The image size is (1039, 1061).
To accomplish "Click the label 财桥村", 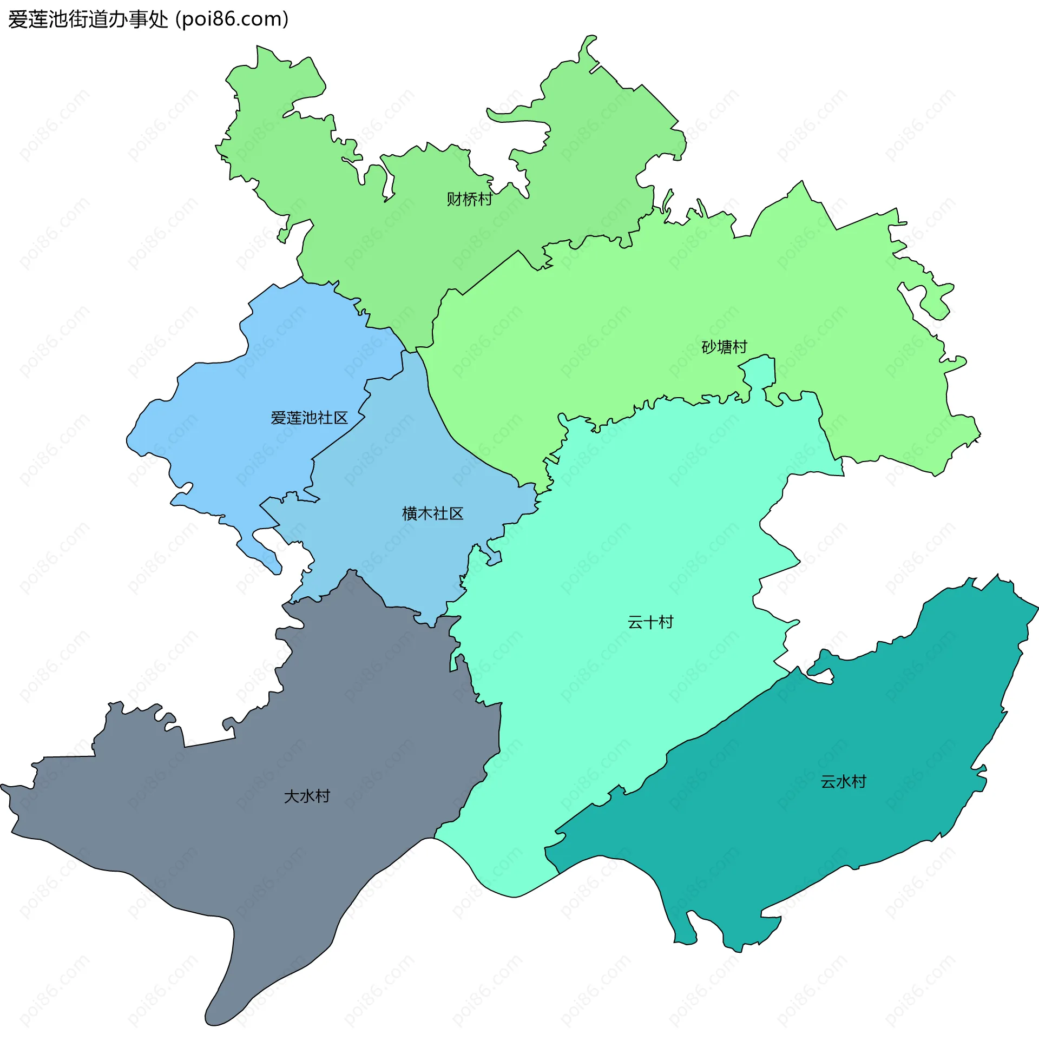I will [x=469, y=199].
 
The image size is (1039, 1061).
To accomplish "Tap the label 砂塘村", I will [x=724, y=347].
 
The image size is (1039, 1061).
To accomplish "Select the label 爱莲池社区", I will [x=309, y=418].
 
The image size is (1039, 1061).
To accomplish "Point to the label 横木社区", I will [x=432, y=513].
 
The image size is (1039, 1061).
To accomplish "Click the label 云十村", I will [x=650, y=622].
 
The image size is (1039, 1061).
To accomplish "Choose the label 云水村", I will [x=843, y=782].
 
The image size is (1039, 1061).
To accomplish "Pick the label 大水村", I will [x=307, y=796].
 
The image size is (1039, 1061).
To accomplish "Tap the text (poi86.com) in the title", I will [x=232, y=19].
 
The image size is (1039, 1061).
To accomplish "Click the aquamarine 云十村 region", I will [x=628, y=545].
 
